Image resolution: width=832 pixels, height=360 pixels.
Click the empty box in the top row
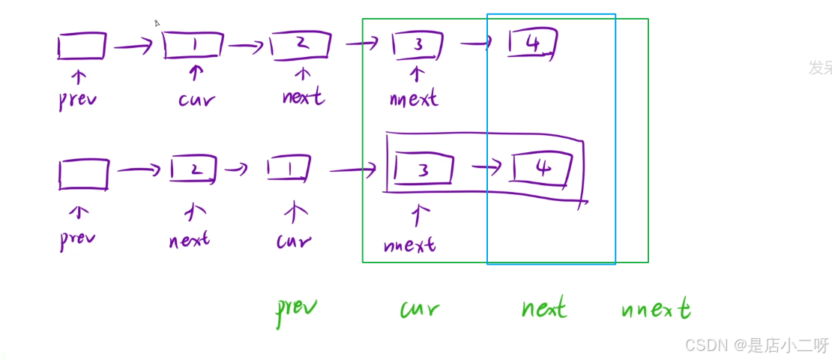(82, 46)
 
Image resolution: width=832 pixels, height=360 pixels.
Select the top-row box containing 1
(193, 45)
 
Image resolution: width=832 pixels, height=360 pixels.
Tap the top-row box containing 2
(301, 44)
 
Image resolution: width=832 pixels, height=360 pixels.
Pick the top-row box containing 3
(417, 45)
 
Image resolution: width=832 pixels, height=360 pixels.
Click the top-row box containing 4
(532, 43)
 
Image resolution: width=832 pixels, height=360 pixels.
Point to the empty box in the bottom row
(83, 174)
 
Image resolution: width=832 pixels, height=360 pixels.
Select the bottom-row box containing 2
(193, 169)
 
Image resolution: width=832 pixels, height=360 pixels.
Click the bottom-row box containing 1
(289, 169)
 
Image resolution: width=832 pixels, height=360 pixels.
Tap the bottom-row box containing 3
(423, 169)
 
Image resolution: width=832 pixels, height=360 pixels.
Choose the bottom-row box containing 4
(543, 167)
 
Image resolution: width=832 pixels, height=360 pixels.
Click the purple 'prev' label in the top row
(78, 100)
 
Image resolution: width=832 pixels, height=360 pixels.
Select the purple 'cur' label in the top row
(196, 98)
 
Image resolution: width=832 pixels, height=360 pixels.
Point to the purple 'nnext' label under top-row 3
(414, 97)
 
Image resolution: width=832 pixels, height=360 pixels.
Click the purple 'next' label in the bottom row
(189, 240)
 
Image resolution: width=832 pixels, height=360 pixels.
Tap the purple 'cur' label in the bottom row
(293, 241)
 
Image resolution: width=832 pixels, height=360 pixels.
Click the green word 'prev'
(296, 308)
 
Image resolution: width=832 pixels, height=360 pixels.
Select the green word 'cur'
(420, 308)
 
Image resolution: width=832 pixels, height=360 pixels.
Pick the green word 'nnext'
(656, 308)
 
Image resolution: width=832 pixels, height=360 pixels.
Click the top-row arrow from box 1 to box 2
(245, 46)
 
